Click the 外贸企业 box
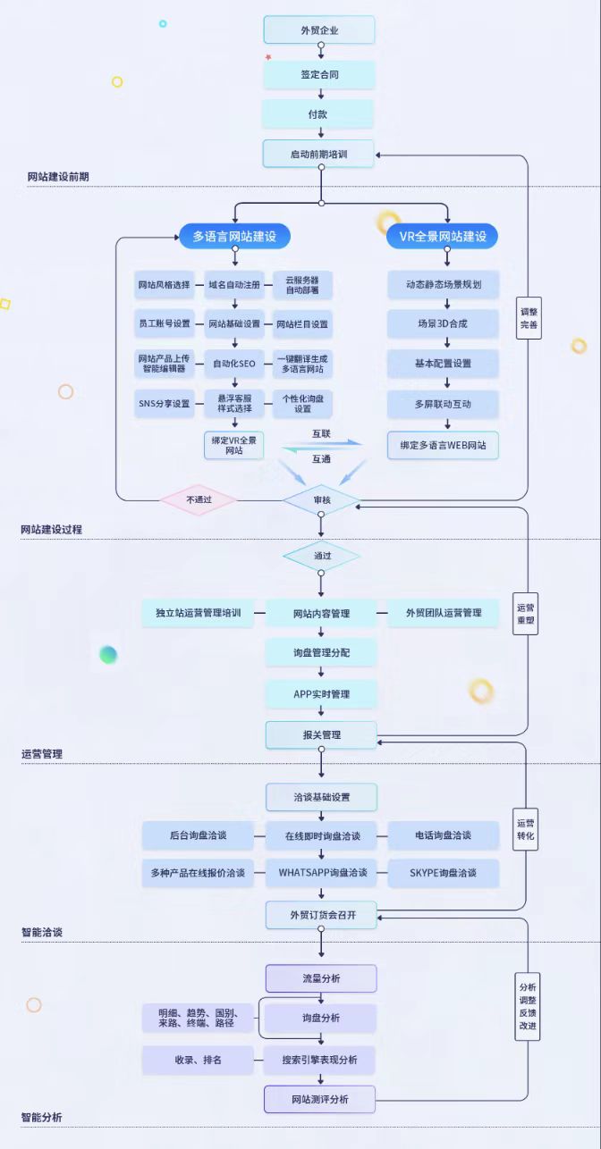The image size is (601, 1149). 319,30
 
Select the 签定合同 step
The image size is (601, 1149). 319,74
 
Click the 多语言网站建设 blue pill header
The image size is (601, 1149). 234,237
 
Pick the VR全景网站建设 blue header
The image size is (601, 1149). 443,237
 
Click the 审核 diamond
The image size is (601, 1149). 321,500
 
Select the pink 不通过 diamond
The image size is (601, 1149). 199,500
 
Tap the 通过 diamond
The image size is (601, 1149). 321,556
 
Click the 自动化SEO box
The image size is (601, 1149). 234,364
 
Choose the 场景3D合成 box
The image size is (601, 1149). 443,323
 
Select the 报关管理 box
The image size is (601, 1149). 321,734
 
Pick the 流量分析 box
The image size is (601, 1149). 321,978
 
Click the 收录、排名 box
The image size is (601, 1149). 199,1060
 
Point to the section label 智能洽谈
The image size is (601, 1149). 42,932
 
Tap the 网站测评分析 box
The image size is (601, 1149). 320,1099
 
